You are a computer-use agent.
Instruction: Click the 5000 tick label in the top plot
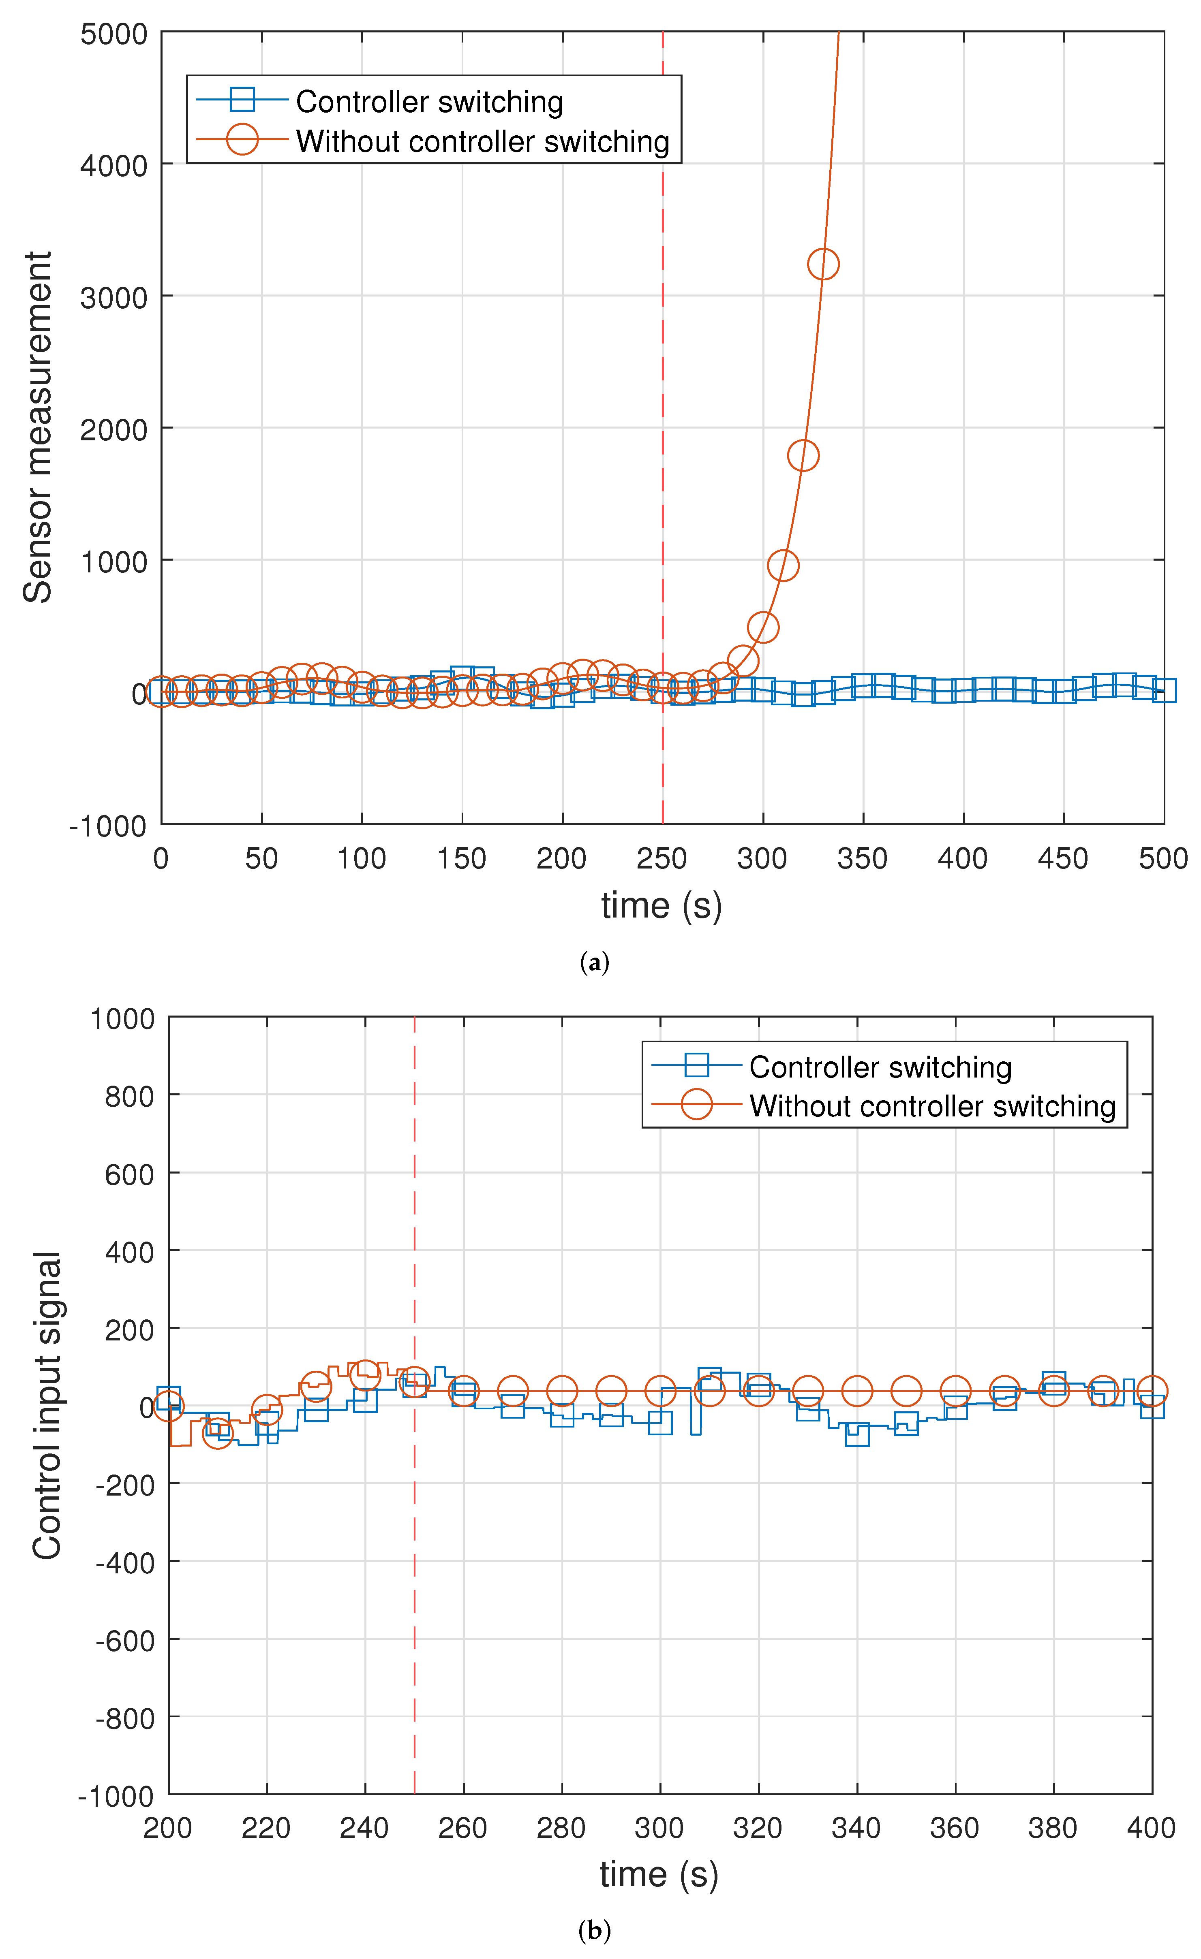pyautogui.click(x=114, y=34)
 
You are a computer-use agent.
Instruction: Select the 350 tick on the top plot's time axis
pyautogui.click(x=862, y=859)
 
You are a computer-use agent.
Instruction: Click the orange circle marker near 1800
pyautogui.click(x=803, y=456)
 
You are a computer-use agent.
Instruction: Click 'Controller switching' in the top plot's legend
pyautogui.click(x=430, y=102)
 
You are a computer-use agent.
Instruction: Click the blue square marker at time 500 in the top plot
pyautogui.click(x=1164, y=691)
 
